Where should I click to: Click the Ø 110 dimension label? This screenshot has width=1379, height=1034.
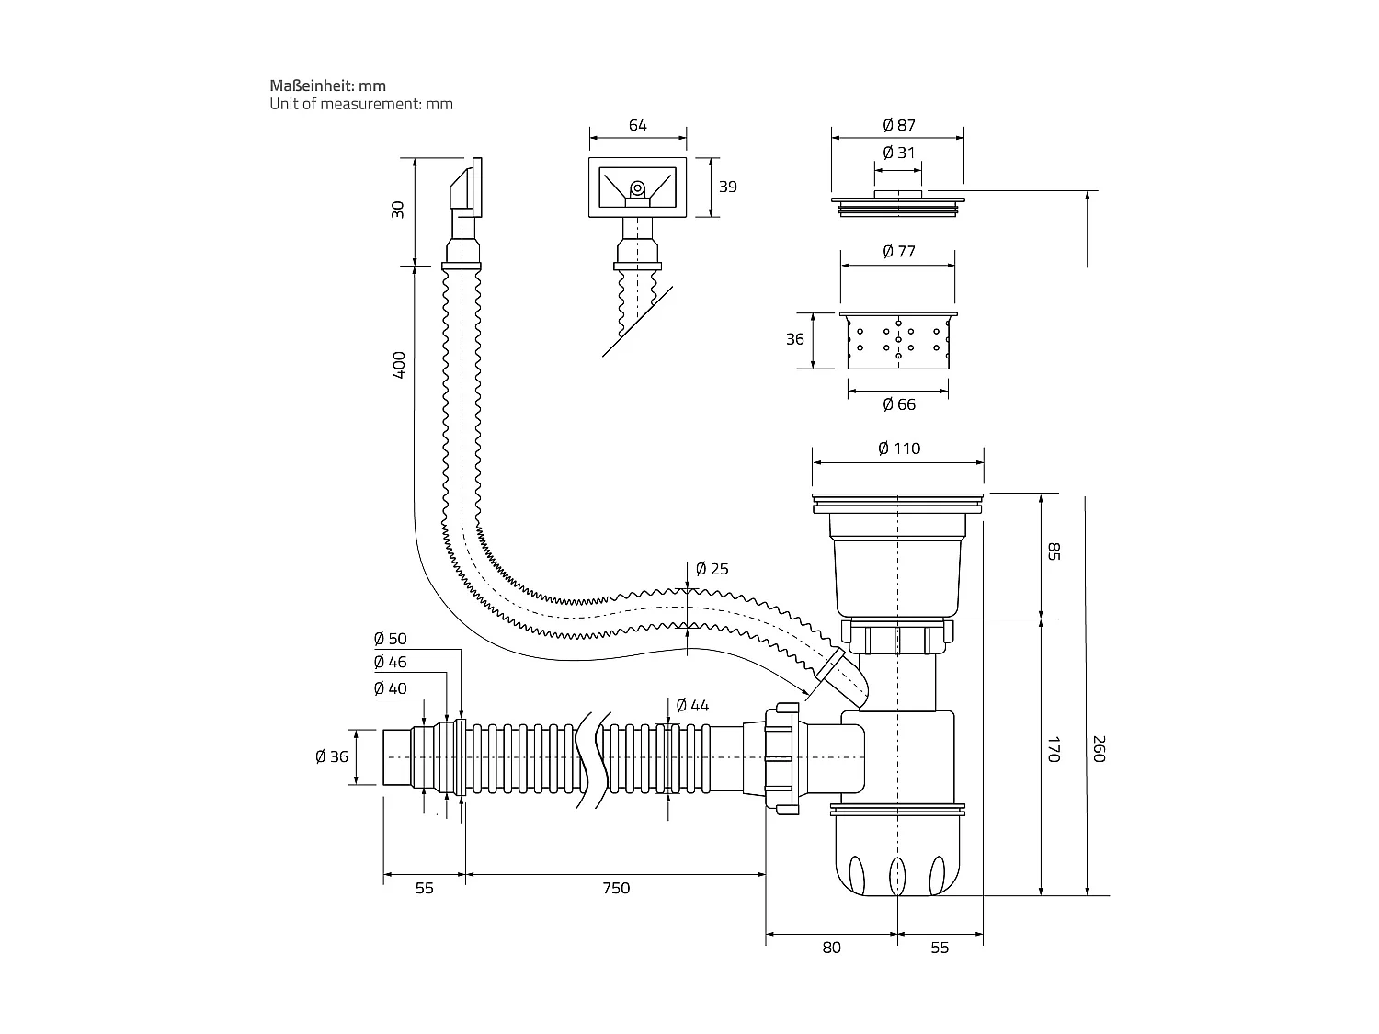pos(898,449)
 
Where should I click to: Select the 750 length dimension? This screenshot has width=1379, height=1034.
pos(616,888)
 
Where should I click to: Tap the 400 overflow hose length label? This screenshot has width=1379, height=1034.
pos(399,366)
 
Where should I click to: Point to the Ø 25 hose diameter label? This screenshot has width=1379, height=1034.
pos(712,569)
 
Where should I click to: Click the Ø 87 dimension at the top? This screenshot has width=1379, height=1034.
pos(898,125)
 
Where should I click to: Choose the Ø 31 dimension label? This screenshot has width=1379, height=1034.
pos(898,153)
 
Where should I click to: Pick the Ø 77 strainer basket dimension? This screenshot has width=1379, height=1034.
pos(898,251)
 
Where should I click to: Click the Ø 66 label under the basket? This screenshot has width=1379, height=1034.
pos(898,404)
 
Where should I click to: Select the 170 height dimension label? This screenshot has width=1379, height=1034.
pos(1054,749)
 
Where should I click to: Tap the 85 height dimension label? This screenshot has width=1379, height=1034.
pos(1054,551)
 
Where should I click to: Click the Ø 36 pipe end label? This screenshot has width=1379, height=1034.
pos(332,756)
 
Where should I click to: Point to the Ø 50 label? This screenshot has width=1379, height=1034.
pos(390,639)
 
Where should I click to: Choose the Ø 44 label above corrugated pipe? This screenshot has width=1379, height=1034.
pos(692,705)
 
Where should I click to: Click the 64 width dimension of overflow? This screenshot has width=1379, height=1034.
pos(637,125)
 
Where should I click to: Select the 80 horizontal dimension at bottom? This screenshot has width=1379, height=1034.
pos(831,948)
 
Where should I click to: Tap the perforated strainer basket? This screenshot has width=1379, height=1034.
pos(897,341)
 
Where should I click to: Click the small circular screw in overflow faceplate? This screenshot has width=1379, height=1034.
pos(636,189)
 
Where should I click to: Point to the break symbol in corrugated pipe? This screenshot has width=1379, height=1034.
pos(588,757)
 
